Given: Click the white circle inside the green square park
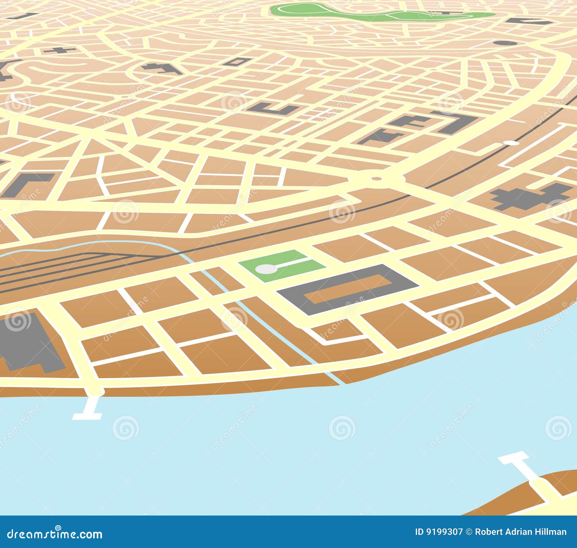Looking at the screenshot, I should point(265,269).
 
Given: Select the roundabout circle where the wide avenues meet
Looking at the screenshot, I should point(376,178).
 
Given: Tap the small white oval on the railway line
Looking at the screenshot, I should point(511,143).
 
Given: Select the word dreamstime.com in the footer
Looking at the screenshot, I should point(55,534).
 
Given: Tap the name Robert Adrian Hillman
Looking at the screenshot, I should point(520,532).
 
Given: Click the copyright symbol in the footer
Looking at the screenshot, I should point(469,532).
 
